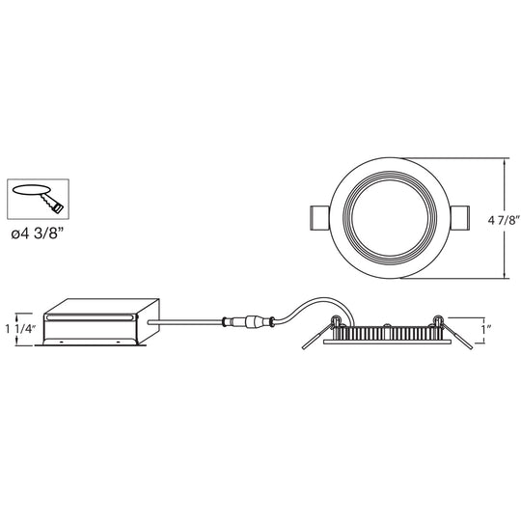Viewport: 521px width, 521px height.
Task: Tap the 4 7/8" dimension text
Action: pyautogui.click(x=504, y=220)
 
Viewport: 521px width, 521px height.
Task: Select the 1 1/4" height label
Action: pyautogui.click(x=20, y=329)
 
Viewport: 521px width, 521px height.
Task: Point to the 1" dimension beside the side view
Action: pyautogui.click(x=487, y=329)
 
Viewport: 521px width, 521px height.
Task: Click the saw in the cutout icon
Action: pyautogui.click(x=52, y=203)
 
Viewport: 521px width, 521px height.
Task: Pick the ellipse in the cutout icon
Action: pyautogui.click(x=32, y=190)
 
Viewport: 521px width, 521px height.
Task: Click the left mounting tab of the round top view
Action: pyautogui.click(x=319, y=218)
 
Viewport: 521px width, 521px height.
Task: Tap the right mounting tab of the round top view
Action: pyautogui.click(x=460, y=218)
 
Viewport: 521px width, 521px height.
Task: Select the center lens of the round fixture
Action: pyautogui.click(x=390, y=218)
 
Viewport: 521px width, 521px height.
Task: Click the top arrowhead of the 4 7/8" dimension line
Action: pyautogui.click(x=506, y=161)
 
